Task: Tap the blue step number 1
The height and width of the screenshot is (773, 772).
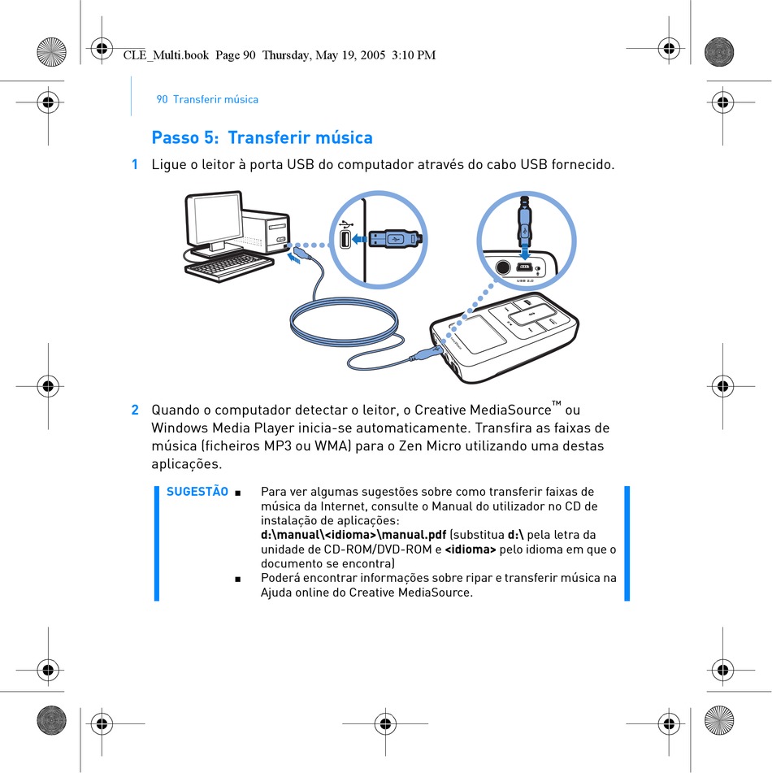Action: (135, 164)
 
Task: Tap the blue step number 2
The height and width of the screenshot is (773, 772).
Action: (135, 410)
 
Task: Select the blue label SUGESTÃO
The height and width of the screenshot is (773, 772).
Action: (197, 491)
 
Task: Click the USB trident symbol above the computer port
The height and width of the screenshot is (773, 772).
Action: (347, 224)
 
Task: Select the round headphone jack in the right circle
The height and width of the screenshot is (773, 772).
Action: (502, 267)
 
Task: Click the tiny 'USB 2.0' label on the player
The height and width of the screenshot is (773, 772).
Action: (524, 280)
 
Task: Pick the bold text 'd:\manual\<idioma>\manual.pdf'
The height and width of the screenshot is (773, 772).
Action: (353, 535)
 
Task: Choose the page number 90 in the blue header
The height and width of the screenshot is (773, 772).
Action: (163, 99)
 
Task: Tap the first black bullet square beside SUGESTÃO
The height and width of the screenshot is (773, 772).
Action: (238, 493)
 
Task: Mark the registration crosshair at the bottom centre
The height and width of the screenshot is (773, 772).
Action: (385, 723)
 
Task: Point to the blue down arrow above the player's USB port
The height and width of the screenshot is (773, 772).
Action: (525, 253)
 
